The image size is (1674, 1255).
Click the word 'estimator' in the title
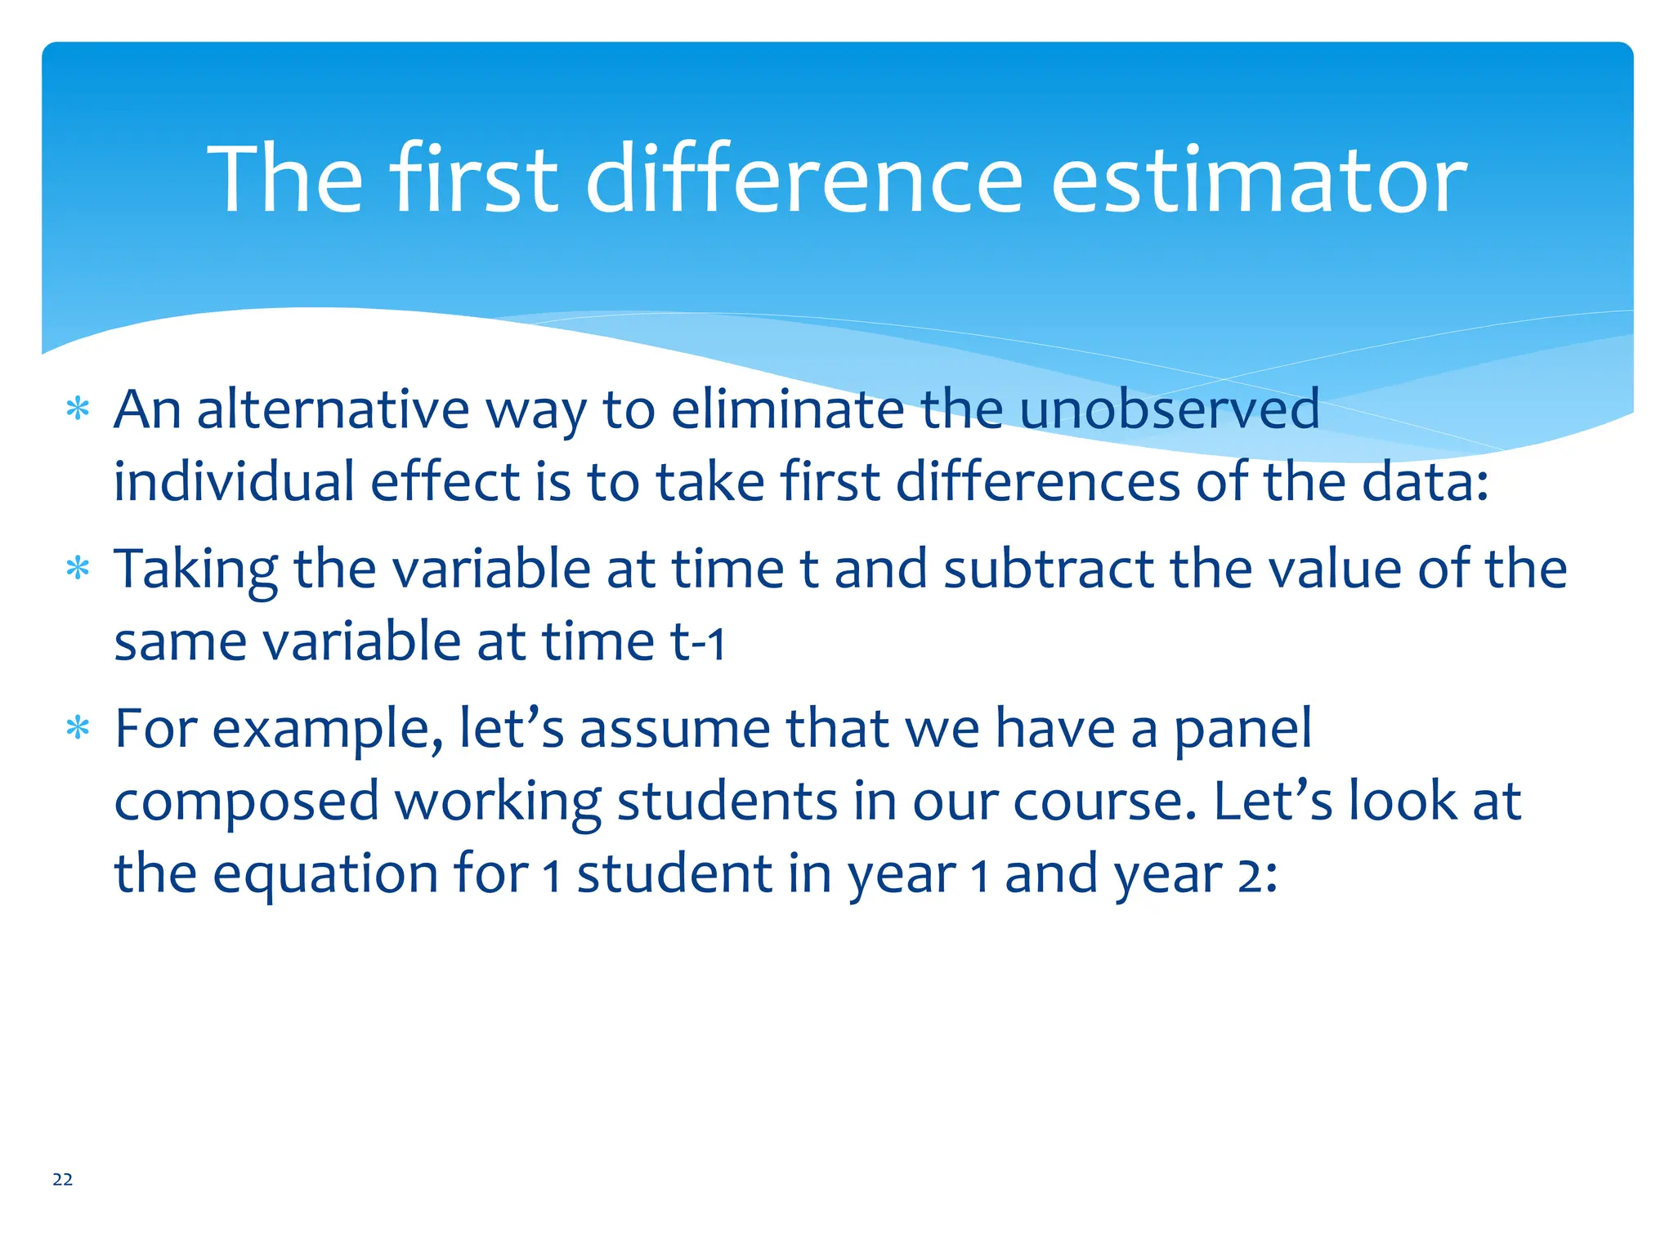1259,180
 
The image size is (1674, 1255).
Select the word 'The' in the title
285,180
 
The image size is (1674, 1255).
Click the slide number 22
62,1179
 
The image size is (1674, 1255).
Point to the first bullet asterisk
78,409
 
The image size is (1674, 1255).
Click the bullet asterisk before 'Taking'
78,568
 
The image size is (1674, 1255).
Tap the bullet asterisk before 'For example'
78,727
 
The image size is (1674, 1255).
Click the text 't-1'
697,641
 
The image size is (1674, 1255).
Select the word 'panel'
1242,729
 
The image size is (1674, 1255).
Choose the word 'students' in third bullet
727,801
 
